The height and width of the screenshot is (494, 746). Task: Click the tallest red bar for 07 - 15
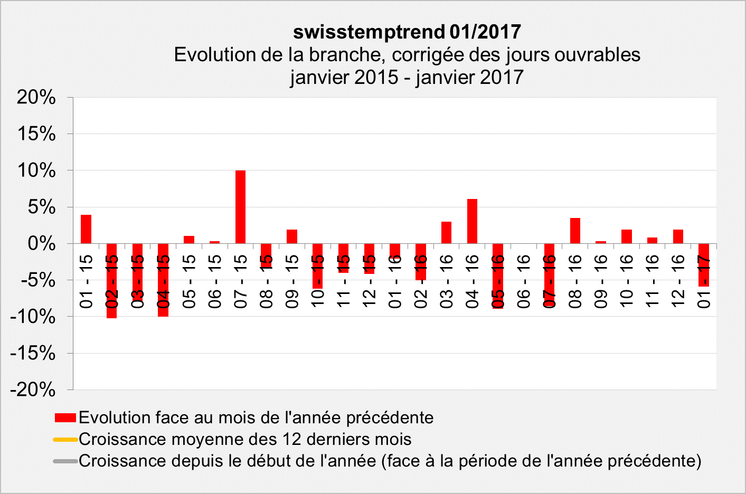(x=240, y=207)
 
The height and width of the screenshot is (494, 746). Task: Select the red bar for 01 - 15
(x=86, y=229)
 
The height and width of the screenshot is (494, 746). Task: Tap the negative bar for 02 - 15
(x=112, y=281)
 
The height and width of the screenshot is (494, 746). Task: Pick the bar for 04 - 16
(x=472, y=221)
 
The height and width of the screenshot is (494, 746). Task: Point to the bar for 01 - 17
(x=704, y=265)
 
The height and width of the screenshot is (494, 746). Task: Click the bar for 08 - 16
(x=575, y=231)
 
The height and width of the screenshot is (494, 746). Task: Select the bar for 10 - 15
(x=317, y=266)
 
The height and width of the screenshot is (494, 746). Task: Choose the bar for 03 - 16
(x=446, y=233)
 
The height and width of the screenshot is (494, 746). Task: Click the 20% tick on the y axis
(x=36, y=97)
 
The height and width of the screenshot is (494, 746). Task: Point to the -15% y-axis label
(x=33, y=353)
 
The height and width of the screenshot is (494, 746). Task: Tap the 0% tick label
(x=42, y=244)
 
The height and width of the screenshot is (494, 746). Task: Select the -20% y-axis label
(x=33, y=390)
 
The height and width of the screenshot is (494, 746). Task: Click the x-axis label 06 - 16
(x=523, y=281)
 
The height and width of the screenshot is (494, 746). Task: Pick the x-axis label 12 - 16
(x=678, y=281)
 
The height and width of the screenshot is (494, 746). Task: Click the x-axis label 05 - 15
(x=189, y=281)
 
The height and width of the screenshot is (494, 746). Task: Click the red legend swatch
(x=65, y=418)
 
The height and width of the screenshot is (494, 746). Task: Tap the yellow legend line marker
(x=65, y=440)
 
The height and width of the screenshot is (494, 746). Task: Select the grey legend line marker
(x=65, y=461)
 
